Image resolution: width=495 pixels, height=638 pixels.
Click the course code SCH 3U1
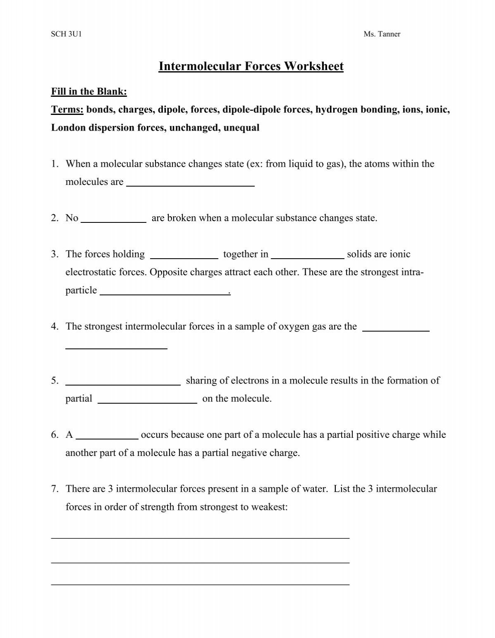[x=66, y=34]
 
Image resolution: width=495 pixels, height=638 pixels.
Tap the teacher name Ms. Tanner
[x=382, y=34]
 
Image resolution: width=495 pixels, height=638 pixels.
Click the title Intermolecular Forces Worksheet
[x=251, y=66]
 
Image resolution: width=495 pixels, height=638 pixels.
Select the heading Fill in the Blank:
[x=89, y=91]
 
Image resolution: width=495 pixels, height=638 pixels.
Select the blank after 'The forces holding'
[x=184, y=255]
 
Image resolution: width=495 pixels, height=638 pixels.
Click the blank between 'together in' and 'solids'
[x=308, y=255]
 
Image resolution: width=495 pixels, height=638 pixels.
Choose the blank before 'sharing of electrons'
[x=123, y=381]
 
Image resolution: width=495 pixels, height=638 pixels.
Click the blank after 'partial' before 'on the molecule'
[x=147, y=400]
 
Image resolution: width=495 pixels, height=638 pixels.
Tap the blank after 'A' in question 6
[x=107, y=436]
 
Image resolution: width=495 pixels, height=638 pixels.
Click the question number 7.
[x=55, y=489]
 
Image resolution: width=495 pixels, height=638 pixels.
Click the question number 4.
[x=55, y=327]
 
